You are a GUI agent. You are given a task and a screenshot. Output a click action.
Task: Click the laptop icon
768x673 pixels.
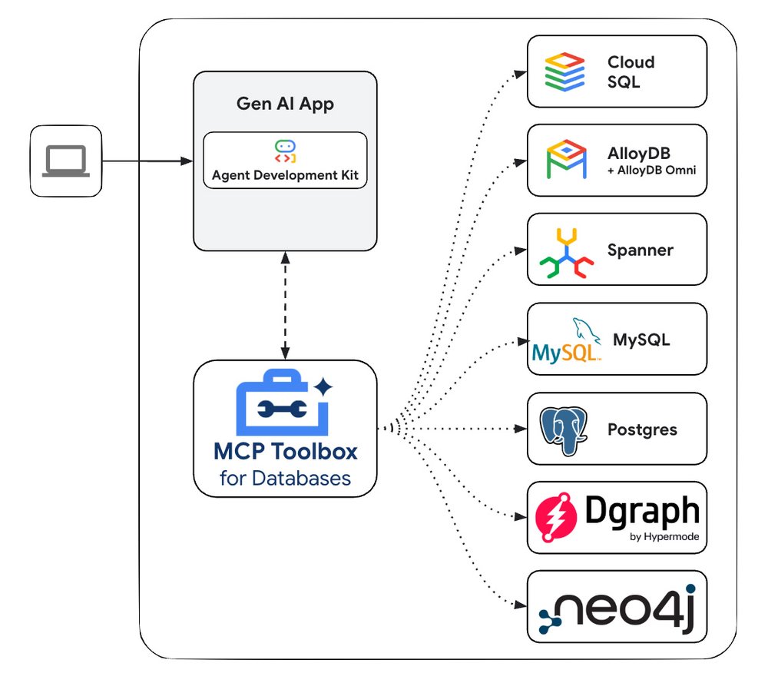(66, 161)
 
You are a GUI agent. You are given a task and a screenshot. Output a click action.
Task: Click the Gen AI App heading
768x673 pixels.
(285, 104)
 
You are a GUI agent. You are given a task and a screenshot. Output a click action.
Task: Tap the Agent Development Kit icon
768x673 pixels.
(285, 151)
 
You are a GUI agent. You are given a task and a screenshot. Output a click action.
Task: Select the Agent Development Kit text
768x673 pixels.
(285, 175)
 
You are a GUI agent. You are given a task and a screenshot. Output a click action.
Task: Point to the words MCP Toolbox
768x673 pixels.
(285, 450)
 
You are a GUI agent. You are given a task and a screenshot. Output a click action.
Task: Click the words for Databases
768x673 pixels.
(285, 478)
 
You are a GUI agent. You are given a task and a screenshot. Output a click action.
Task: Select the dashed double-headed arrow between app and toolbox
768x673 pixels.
(285, 305)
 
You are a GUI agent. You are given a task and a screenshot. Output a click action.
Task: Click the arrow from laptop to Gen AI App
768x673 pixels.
(147, 161)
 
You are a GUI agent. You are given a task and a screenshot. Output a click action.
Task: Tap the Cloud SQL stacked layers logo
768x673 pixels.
(565, 71)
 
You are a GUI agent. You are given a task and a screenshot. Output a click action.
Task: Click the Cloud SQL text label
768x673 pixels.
(631, 71)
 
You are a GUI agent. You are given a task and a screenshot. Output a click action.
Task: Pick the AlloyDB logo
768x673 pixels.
(566, 160)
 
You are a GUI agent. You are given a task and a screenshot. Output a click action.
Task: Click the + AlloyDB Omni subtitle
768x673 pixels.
(651, 170)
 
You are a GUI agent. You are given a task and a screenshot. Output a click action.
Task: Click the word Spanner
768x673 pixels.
(640, 250)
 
